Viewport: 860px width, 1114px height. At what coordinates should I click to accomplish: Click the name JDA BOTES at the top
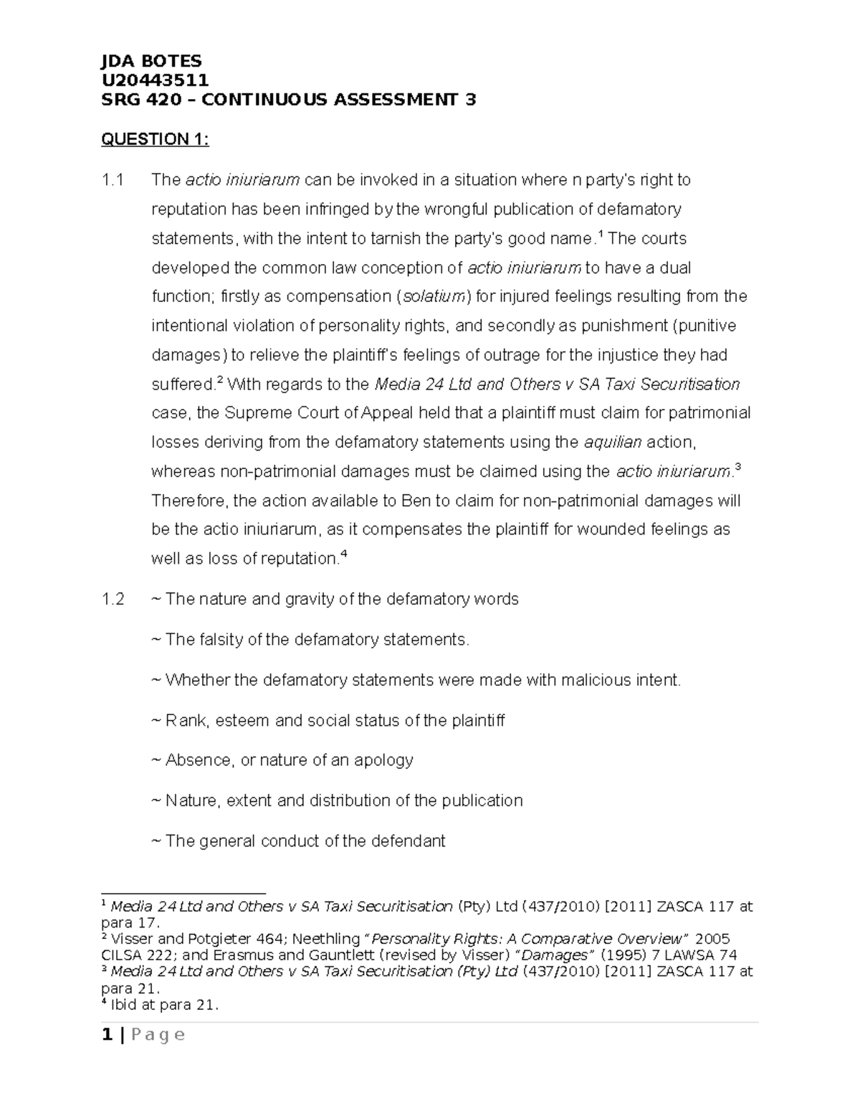(152, 61)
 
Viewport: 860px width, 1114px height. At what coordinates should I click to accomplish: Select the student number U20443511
(155, 80)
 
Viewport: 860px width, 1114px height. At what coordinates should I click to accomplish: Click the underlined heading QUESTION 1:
(155, 139)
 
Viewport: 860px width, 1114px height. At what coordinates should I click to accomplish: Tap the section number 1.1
(113, 180)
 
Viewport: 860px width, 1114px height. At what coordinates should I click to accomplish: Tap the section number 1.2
(113, 599)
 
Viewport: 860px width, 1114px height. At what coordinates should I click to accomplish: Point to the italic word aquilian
(613, 442)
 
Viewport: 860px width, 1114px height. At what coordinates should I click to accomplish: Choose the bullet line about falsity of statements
(311, 640)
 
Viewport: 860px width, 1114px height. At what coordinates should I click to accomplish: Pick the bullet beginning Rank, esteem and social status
(328, 720)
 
